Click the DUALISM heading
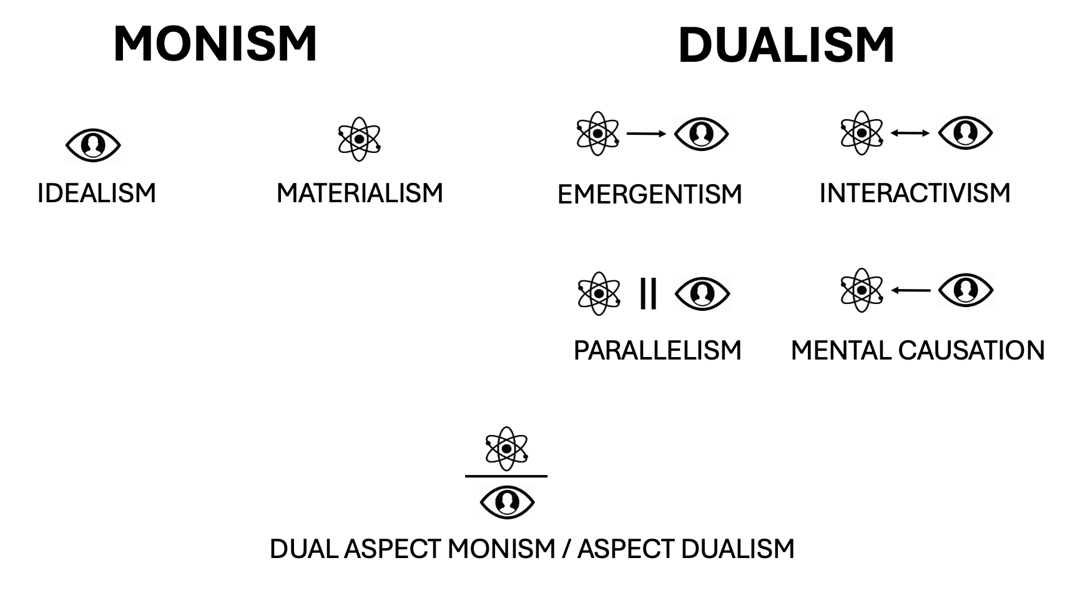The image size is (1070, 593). tap(786, 46)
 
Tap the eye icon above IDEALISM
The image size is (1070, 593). tap(93, 145)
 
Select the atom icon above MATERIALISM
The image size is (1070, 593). tap(359, 139)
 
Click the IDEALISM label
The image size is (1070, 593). tap(97, 193)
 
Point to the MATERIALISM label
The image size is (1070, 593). tap(360, 193)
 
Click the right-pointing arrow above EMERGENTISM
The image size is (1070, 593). tap(646, 134)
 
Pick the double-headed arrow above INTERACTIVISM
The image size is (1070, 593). tap(910, 133)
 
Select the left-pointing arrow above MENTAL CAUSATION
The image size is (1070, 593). tap(910, 290)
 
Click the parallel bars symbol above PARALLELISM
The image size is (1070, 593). tap(648, 293)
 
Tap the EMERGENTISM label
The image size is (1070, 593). tap(649, 194)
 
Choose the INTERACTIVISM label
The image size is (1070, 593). tap(915, 193)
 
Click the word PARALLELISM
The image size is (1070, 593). tap(657, 350)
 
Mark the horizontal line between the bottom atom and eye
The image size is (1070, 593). tap(506, 476)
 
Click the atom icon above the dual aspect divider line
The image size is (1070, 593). tap(507, 448)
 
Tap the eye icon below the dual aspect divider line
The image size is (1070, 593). tap(507, 502)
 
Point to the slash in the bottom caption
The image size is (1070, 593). tap(566, 549)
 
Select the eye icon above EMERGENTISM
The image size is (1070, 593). tap(701, 134)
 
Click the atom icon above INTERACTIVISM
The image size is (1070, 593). tap(861, 133)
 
